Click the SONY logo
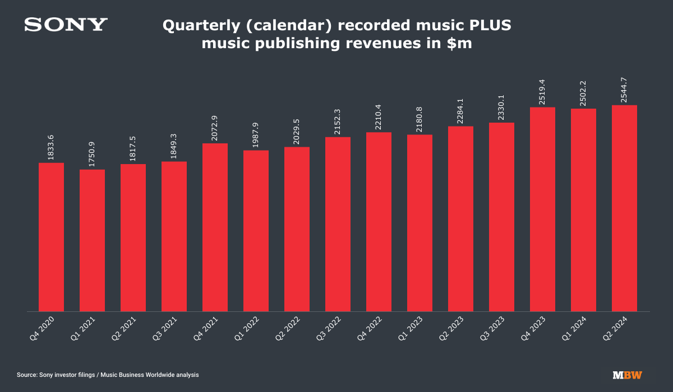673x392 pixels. (x=66, y=25)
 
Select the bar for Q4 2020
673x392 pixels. (x=51, y=237)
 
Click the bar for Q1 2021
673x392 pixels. (x=92, y=240)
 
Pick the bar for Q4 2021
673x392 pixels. (x=215, y=227)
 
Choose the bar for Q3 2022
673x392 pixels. (x=338, y=224)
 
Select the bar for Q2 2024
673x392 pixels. (x=624, y=208)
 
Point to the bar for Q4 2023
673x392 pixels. (x=542, y=209)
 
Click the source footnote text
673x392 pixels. (x=108, y=375)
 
